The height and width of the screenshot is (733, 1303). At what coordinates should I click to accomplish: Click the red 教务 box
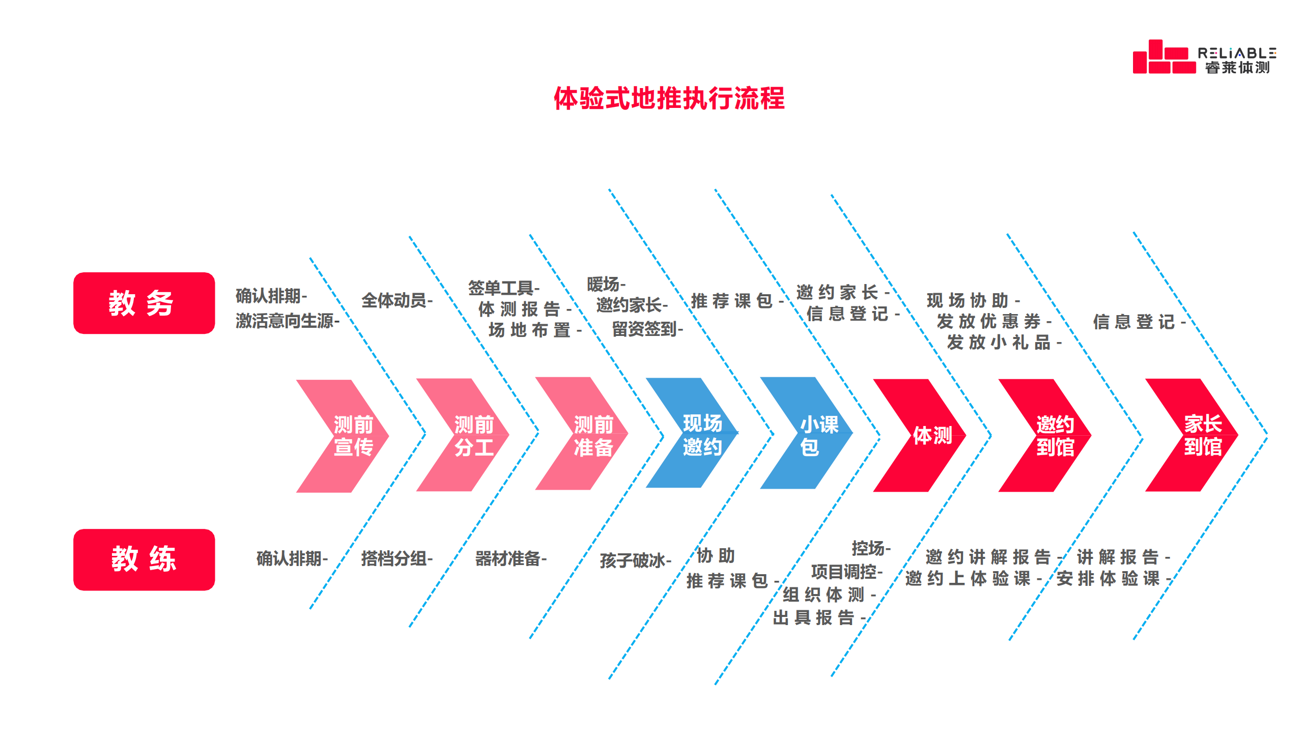pos(144,303)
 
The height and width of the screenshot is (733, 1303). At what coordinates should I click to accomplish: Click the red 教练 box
pos(144,559)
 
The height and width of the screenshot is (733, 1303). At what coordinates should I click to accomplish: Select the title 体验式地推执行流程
pos(669,98)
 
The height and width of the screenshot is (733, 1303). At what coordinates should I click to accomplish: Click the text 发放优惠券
pos(990,321)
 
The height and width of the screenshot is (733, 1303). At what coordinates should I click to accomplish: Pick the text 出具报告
pos(815,617)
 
